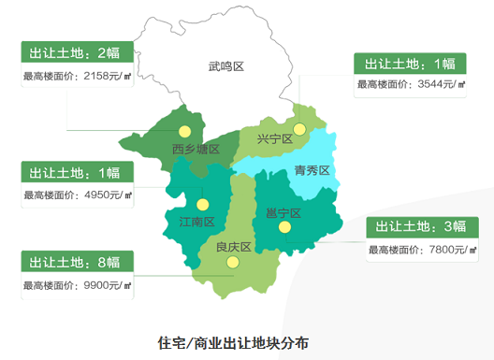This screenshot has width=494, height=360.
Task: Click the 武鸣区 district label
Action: point(225,66)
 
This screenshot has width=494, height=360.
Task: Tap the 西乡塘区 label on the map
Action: point(196,150)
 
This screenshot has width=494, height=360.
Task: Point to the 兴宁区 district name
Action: point(275,139)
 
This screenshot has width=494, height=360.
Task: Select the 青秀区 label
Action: point(312,170)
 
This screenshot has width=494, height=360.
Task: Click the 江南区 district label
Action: point(196,222)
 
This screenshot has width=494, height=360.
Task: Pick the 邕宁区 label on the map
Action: point(283,213)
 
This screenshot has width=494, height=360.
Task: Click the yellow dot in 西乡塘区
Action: point(185,132)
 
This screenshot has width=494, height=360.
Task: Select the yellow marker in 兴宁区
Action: point(299,129)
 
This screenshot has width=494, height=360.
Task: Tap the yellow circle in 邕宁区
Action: point(284,226)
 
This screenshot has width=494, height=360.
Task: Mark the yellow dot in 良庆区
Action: point(234,264)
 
